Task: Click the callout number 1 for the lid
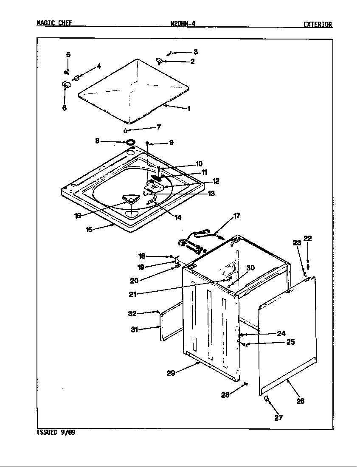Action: [188, 109]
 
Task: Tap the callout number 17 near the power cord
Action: [236, 216]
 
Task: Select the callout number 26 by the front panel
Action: [300, 401]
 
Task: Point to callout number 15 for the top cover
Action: [89, 230]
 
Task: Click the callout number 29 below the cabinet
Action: [171, 373]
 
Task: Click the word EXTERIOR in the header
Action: [317, 25]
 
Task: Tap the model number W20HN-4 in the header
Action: [183, 24]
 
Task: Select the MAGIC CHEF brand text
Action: [54, 24]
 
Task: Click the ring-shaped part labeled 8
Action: [130, 141]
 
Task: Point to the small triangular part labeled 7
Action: [126, 130]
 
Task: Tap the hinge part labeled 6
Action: [65, 84]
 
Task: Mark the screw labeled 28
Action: [245, 384]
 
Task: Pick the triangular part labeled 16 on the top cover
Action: [130, 199]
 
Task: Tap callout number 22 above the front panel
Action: [308, 239]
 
